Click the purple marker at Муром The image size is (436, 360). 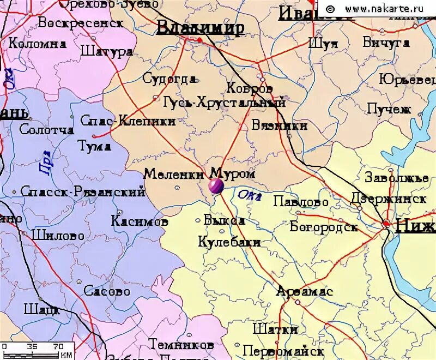click(215, 187)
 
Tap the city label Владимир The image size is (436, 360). click(200, 28)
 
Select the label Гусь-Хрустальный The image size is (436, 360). click(225, 102)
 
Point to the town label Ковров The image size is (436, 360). click(249, 88)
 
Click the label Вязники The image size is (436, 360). click(280, 125)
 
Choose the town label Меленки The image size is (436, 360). click(174, 174)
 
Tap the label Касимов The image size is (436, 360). click(140, 221)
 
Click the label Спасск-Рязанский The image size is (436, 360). click(82, 191)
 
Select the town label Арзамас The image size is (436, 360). click(304, 291)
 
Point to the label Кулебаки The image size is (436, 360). click(229, 242)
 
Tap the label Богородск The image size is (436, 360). click(324, 226)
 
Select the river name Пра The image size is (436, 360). click(46, 162)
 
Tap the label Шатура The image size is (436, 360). click(106, 52)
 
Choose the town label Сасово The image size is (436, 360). click(107, 291)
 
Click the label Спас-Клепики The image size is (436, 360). click(128, 121)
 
